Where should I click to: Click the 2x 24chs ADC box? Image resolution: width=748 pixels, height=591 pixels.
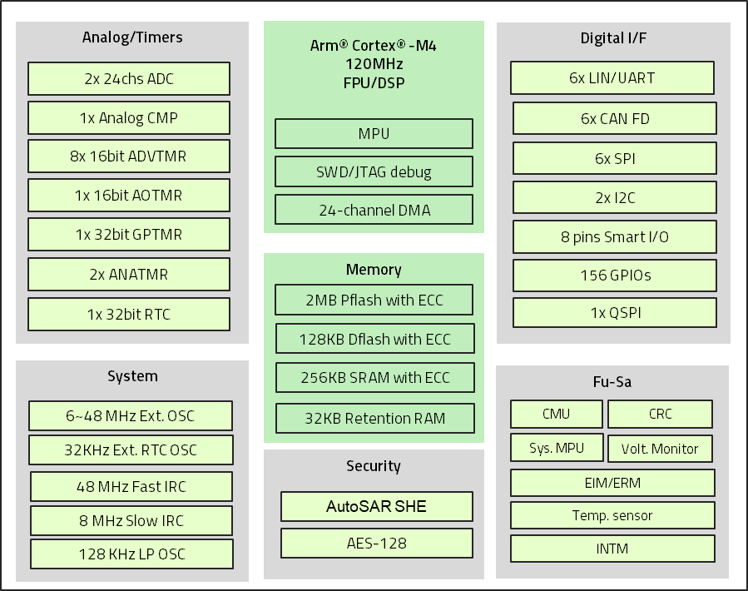[x=129, y=79]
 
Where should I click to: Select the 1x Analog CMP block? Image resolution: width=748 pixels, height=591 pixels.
[x=129, y=118]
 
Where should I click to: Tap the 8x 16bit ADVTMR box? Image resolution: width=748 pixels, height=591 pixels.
[x=129, y=156]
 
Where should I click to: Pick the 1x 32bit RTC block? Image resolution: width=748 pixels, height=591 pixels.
[x=129, y=315]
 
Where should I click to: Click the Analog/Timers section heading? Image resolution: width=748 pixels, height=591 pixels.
[x=132, y=37]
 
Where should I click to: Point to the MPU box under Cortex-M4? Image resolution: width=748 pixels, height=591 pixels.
[x=374, y=134]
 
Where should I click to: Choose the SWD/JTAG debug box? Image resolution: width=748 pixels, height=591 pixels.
[x=374, y=172]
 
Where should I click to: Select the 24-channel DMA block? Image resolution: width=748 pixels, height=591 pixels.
[x=374, y=211]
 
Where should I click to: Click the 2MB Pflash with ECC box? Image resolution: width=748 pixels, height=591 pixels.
[x=374, y=300]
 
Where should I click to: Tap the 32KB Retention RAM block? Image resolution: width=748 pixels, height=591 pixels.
[x=375, y=419]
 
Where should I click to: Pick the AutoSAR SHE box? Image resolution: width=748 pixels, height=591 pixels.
[x=376, y=506]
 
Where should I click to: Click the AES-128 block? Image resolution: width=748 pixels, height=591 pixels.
[x=376, y=544]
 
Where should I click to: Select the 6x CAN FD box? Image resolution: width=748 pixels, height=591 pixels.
[x=615, y=119]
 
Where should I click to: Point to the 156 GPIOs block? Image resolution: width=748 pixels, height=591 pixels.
[x=615, y=276]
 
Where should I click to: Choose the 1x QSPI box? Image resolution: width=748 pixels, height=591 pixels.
[x=615, y=314]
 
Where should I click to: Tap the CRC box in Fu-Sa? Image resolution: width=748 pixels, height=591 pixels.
[x=660, y=415]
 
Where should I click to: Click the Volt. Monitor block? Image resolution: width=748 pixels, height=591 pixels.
[x=660, y=449]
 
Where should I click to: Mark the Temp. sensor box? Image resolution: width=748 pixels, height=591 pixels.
[x=612, y=516]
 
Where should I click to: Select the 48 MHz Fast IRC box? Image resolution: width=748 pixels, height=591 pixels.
[x=132, y=487]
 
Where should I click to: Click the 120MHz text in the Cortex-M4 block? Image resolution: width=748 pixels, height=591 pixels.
[x=374, y=64]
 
